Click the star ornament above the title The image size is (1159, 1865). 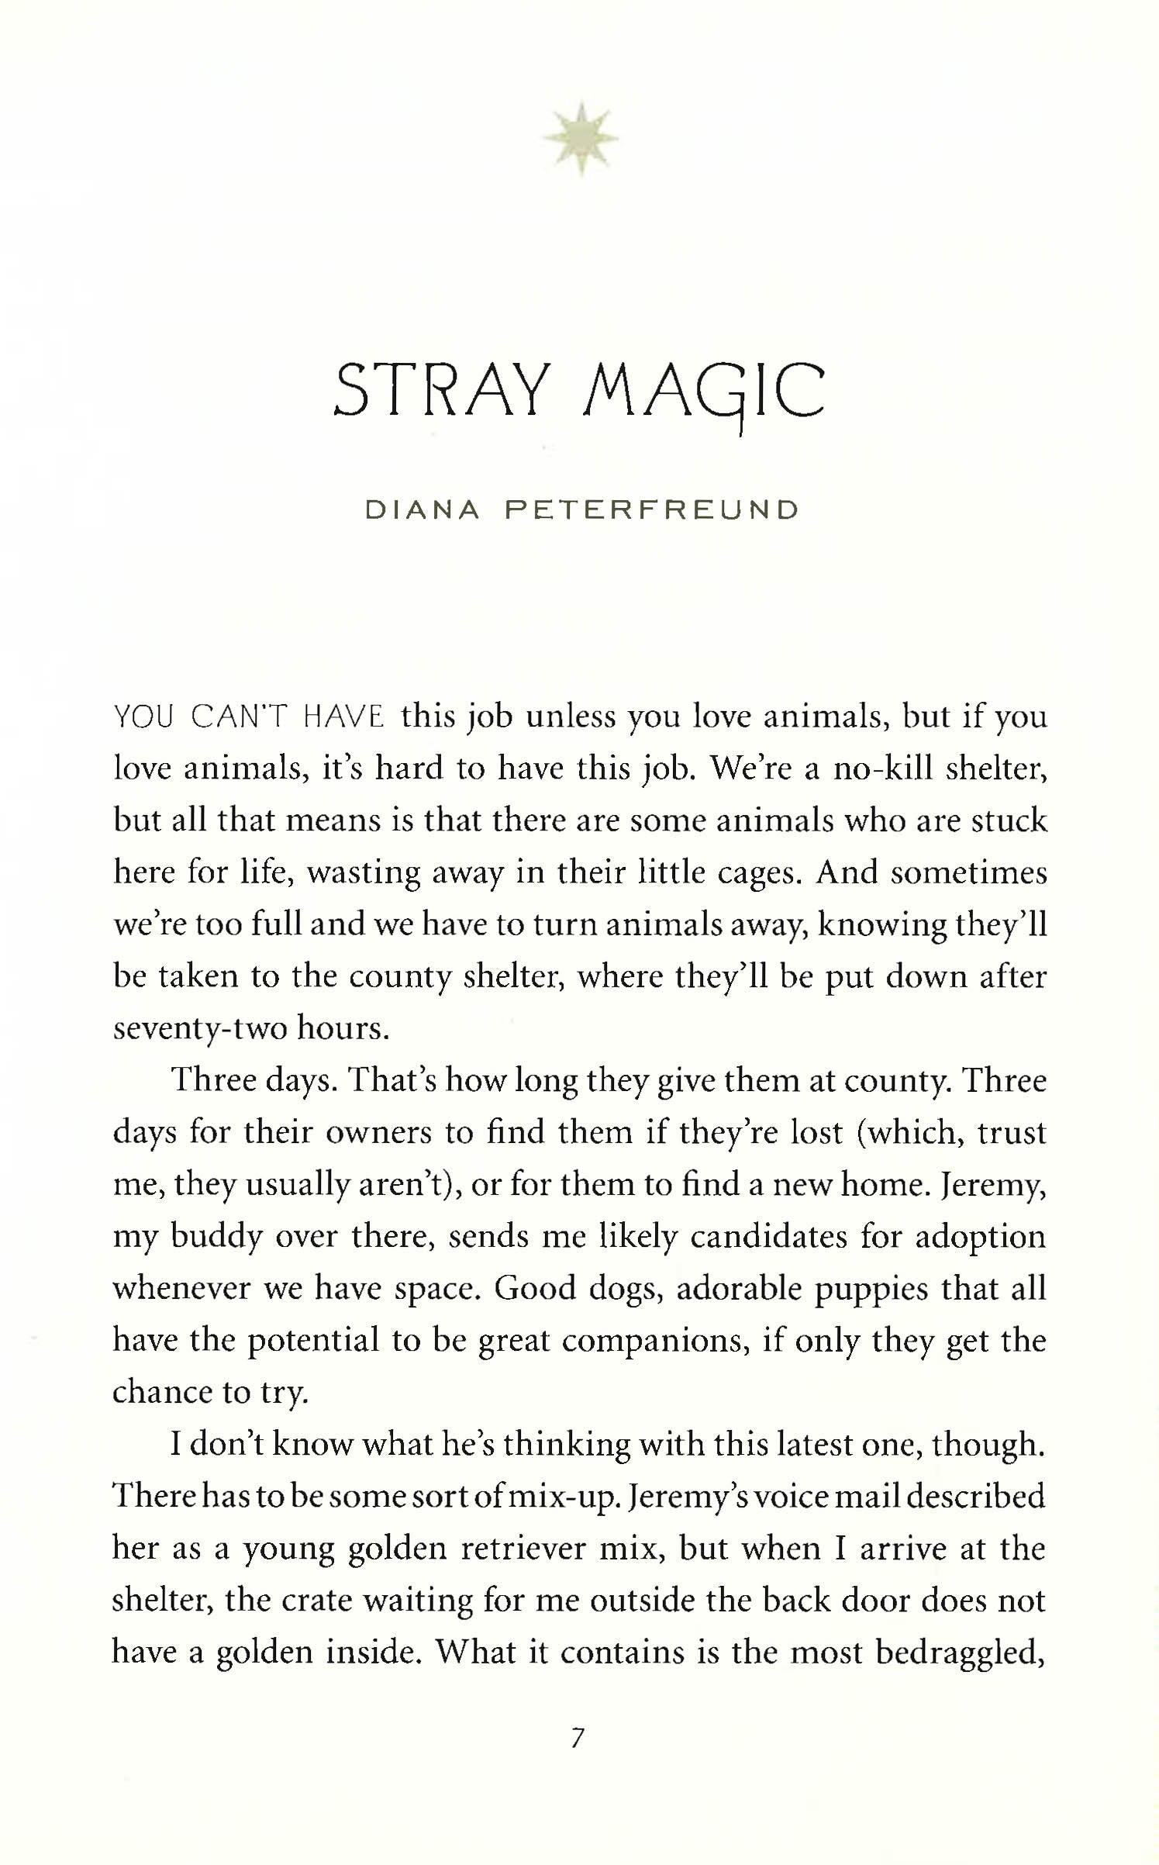point(580,139)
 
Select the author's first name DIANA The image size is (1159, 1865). point(423,510)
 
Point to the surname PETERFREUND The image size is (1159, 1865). point(651,510)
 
